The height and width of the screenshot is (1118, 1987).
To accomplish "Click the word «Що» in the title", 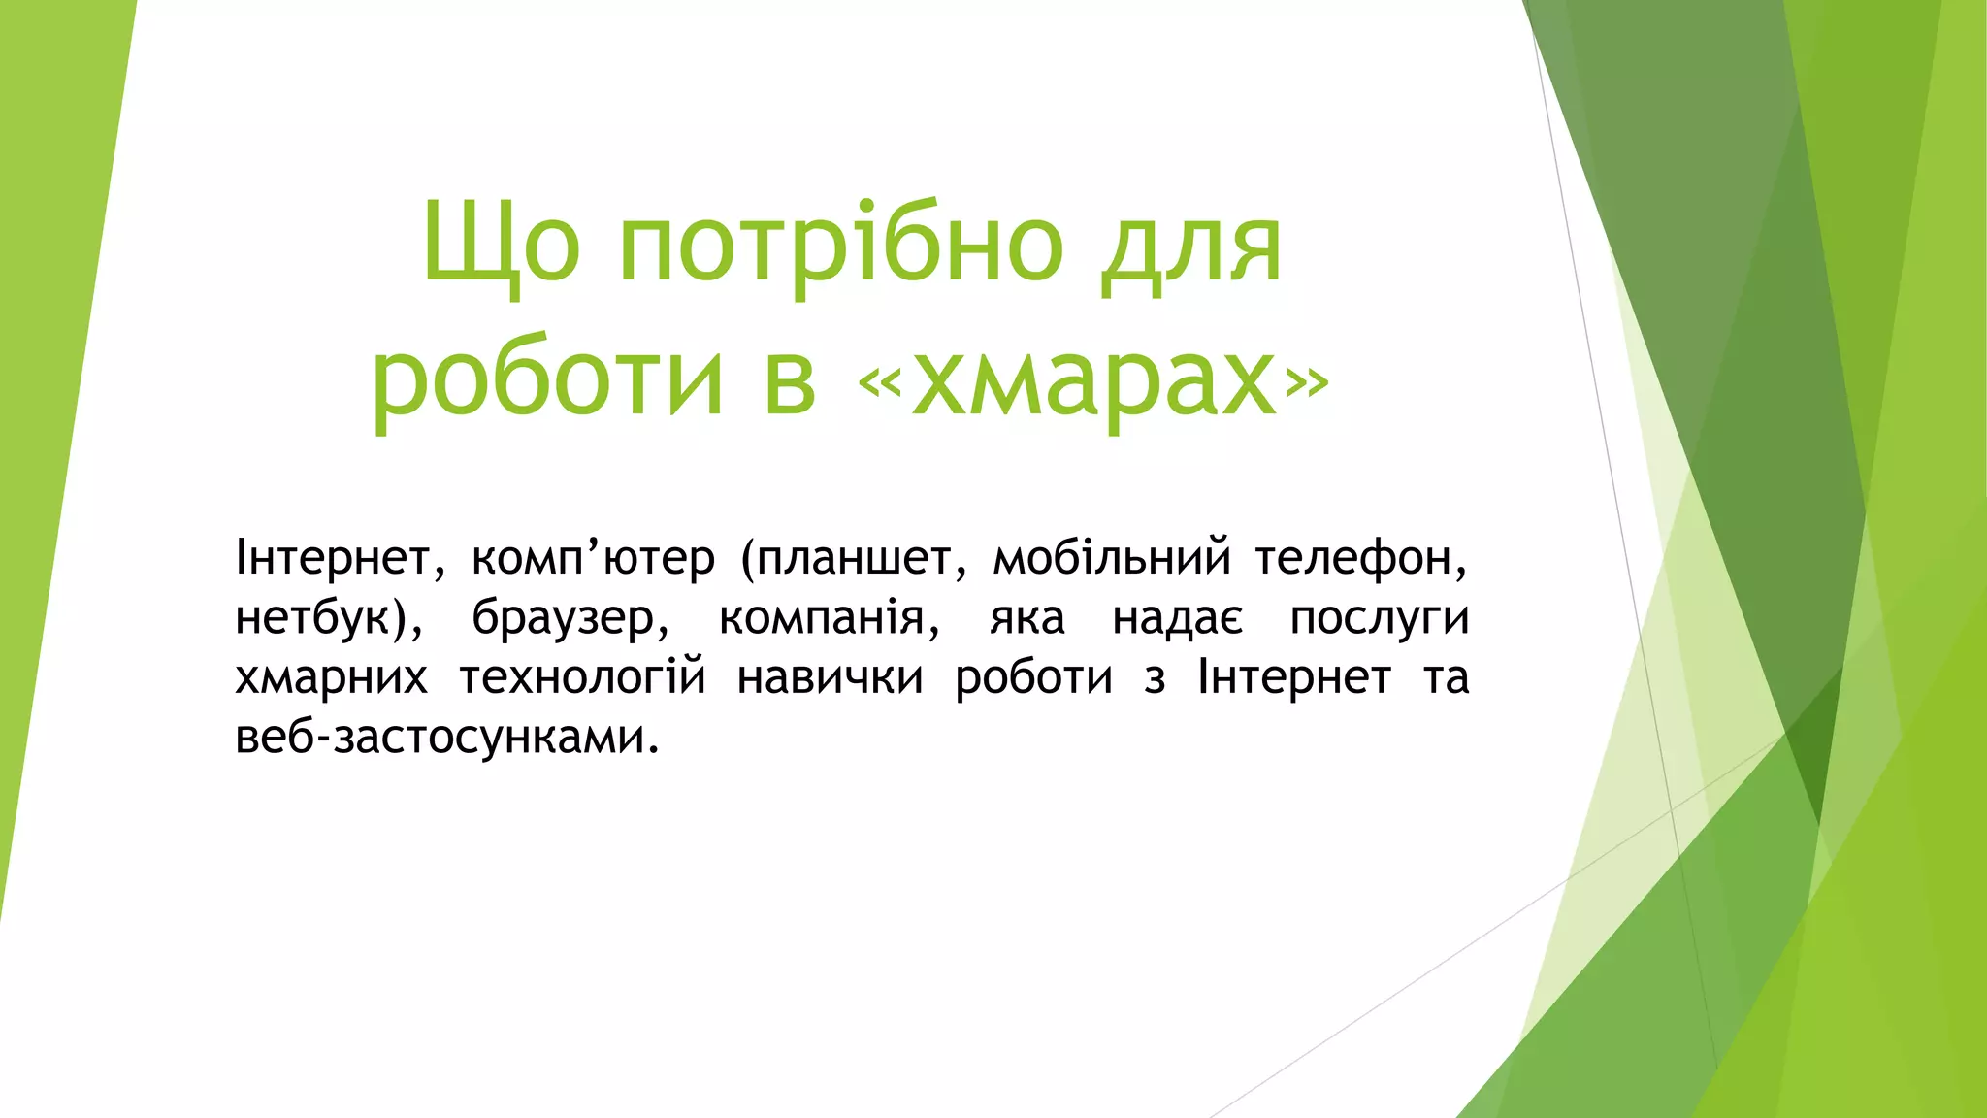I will point(502,245).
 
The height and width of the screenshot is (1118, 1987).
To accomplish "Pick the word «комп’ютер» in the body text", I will point(593,558).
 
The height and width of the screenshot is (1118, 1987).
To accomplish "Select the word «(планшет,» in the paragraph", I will point(854,558).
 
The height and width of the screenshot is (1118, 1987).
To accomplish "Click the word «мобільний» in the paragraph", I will point(1112,558).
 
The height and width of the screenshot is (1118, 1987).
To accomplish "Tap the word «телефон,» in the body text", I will point(1361,558).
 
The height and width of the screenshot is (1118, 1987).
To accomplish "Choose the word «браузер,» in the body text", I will point(570,618).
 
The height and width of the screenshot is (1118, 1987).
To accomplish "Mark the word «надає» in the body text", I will point(1177,618).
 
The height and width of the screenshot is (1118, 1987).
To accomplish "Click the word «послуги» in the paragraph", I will point(1379,618).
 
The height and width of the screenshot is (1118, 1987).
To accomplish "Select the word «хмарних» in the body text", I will point(331,677).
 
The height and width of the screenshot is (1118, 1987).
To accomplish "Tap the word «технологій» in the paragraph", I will point(582,677).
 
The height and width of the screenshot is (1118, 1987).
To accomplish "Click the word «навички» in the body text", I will point(830,677).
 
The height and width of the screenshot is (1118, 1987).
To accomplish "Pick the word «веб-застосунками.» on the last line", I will point(447,738).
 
